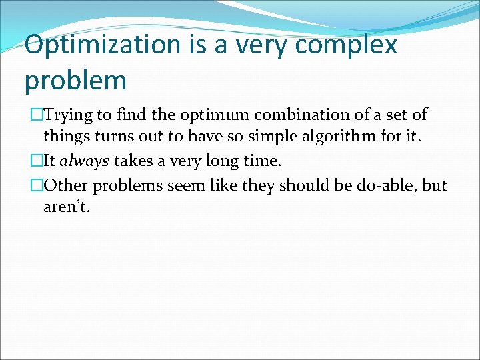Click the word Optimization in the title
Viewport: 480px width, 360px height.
[102, 45]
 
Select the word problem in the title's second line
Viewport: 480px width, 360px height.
[75, 81]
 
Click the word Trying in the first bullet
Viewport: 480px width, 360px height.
[70, 115]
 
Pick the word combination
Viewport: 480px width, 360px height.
[305, 115]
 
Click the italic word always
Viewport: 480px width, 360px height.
[85, 161]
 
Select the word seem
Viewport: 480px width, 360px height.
[185, 185]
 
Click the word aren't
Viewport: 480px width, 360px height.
[65, 207]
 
